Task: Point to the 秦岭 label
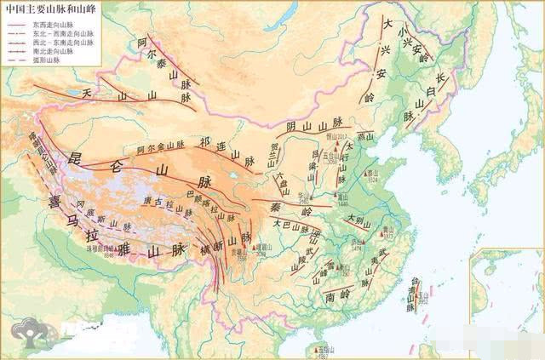coord(293,209)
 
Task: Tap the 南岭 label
coord(314,297)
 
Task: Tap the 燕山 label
coord(365,136)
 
